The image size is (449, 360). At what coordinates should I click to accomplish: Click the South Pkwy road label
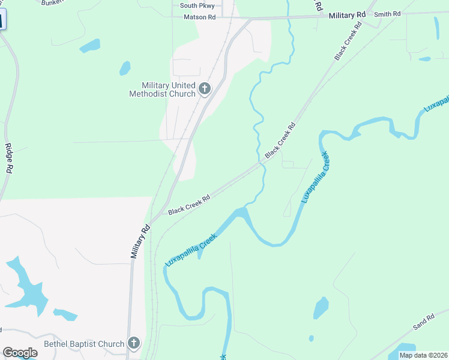coord(197,6)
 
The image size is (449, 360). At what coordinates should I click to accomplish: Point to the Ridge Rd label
coord(8,159)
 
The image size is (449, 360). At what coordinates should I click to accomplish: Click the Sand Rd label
coord(423,323)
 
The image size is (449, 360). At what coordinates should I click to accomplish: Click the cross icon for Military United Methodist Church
coord(204,89)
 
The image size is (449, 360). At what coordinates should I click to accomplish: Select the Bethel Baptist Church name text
coord(84,344)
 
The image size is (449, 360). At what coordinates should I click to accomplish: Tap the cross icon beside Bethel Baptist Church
coord(134,344)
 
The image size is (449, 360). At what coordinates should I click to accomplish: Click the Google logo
coord(20,353)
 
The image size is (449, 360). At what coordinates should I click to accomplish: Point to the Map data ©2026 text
coord(423,355)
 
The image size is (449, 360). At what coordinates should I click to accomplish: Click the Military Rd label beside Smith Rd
coord(347,14)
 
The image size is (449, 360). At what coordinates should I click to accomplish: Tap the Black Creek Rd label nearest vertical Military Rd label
coord(188,205)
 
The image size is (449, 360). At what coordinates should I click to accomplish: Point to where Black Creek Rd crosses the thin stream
coord(262,162)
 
